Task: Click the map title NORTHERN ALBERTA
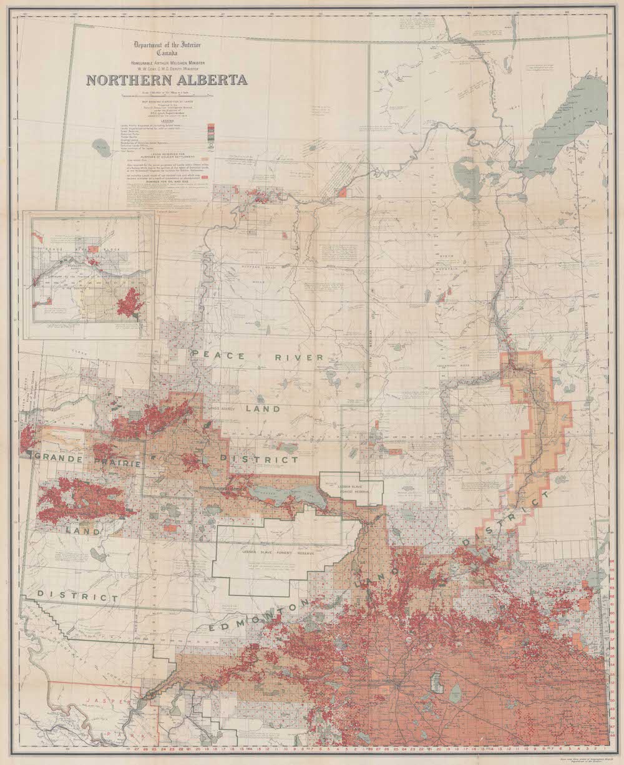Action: [167, 80]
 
